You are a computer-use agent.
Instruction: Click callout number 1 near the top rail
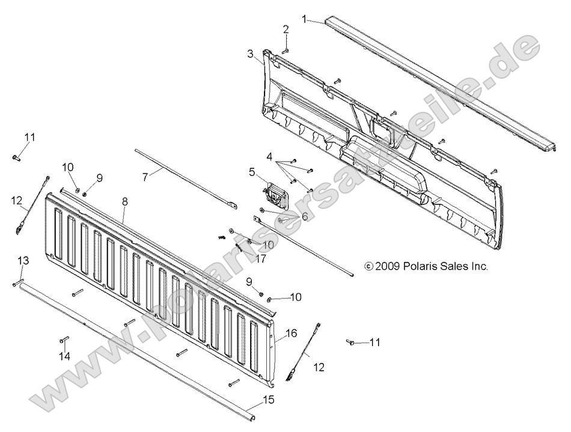tap(305, 19)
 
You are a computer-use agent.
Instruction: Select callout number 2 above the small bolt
tap(286, 29)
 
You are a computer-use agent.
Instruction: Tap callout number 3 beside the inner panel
tap(250, 53)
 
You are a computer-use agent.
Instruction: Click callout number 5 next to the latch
tap(252, 171)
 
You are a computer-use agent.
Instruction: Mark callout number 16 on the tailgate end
tap(291, 332)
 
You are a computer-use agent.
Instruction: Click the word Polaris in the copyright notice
tap(438, 266)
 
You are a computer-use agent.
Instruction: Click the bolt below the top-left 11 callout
tap(16, 158)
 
